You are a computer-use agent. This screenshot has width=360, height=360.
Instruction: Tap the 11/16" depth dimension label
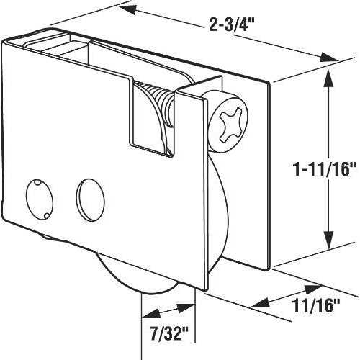[x=315, y=305]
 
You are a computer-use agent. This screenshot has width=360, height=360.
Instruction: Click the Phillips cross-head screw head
[x=228, y=122]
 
